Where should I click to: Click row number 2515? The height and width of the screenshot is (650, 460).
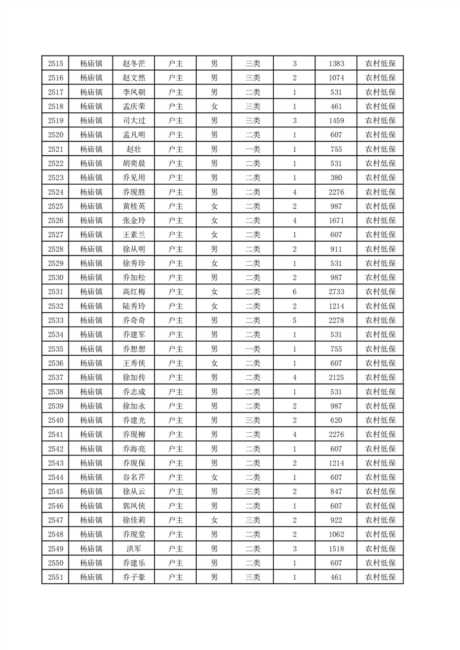(x=56, y=64)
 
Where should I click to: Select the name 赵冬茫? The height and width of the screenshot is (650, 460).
(x=133, y=64)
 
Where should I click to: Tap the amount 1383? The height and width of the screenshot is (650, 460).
(x=336, y=64)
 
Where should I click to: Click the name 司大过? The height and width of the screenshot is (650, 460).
(x=133, y=120)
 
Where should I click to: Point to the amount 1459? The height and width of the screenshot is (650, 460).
(x=336, y=120)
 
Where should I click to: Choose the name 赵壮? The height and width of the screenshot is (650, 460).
(x=133, y=149)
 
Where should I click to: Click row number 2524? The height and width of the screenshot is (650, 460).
(x=56, y=192)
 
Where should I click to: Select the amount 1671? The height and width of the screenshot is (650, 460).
(x=336, y=220)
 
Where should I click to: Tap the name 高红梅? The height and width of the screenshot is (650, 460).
(x=133, y=291)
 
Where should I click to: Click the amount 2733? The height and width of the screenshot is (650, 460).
(x=336, y=291)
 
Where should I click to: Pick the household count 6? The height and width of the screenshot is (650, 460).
(x=295, y=291)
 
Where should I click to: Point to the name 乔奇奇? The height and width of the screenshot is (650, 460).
(x=133, y=320)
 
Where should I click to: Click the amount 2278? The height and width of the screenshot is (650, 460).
(x=336, y=320)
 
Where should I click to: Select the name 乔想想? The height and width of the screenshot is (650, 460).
(x=133, y=349)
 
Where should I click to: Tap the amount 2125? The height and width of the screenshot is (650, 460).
(x=336, y=377)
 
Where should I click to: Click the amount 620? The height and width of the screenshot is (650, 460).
(x=336, y=420)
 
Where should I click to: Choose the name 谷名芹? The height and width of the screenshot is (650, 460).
(x=133, y=477)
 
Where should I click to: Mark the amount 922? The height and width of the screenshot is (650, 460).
(x=336, y=520)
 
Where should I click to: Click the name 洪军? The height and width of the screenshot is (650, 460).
(x=133, y=549)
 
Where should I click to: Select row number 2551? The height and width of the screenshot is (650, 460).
(x=56, y=577)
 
